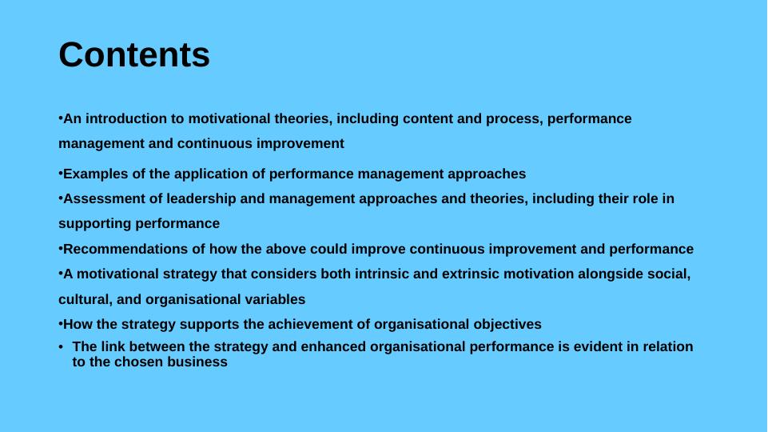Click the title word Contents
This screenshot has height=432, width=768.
tap(134, 54)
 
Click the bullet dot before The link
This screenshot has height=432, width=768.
tap(62, 347)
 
